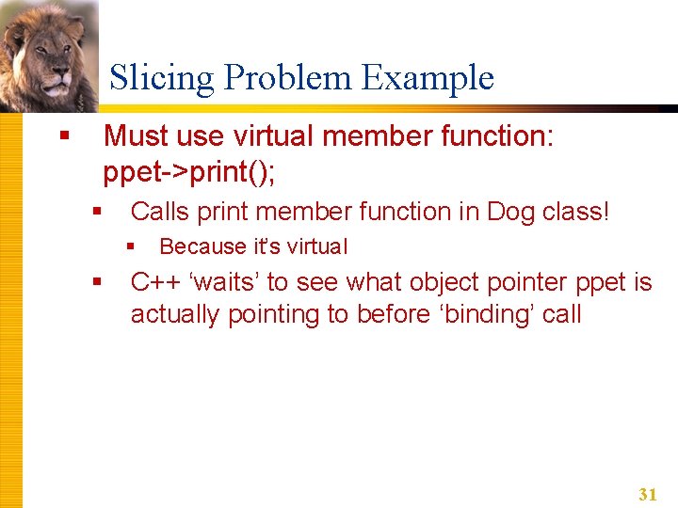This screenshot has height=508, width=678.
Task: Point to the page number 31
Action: [x=647, y=494]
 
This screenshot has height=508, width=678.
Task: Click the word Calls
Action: [x=161, y=212]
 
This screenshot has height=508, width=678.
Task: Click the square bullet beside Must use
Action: [x=64, y=136]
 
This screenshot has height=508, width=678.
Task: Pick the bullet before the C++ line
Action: [x=97, y=281]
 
